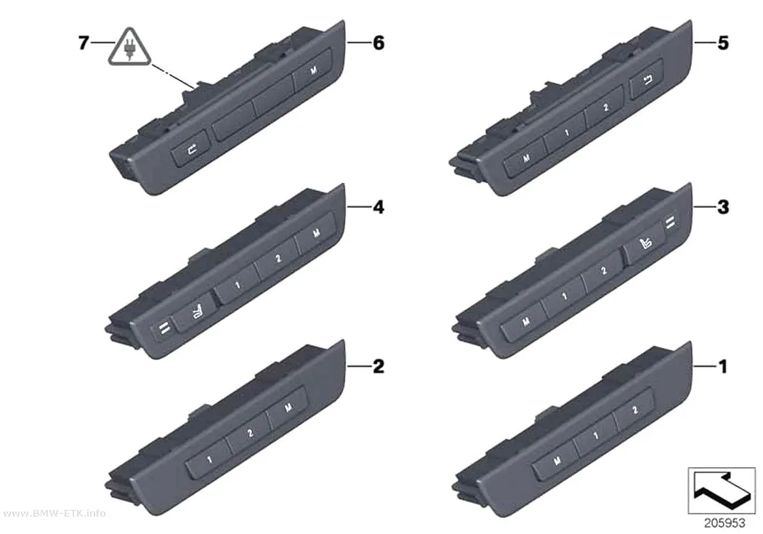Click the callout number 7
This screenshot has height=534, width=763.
(x=84, y=43)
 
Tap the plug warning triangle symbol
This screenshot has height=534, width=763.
(x=129, y=47)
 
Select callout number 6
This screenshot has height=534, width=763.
(x=379, y=43)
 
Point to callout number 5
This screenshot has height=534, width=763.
(x=723, y=43)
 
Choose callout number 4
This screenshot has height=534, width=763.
(x=379, y=207)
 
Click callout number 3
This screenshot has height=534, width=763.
(x=723, y=207)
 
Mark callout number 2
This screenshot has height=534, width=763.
(x=379, y=365)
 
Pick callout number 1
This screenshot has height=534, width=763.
(x=723, y=365)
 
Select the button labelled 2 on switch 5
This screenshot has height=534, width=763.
(x=605, y=108)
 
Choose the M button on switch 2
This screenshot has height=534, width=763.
(x=288, y=407)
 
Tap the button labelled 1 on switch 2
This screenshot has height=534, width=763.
(x=209, y=459)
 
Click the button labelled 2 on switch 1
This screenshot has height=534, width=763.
(x=634, y=410)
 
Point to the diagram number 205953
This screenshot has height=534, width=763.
(x=724, y=523)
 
